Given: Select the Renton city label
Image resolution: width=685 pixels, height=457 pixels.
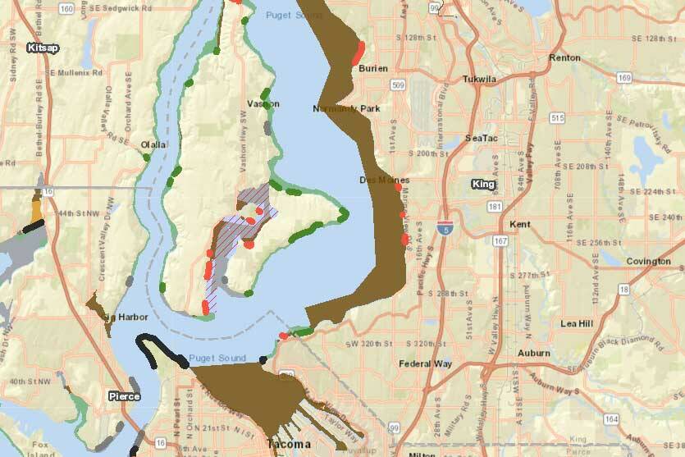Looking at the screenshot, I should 564,58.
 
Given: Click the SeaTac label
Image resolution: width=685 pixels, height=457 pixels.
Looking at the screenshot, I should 480,138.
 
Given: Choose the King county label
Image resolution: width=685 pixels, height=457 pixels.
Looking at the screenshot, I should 484,185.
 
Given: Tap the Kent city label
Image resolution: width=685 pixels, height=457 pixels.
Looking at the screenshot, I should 520,224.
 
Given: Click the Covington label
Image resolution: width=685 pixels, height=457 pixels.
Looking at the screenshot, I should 648,262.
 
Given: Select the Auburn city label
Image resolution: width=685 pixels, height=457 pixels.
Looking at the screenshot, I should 534,353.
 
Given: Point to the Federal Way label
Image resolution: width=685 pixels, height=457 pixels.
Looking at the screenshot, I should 426,363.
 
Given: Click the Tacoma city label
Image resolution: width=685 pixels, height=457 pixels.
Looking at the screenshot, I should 289,444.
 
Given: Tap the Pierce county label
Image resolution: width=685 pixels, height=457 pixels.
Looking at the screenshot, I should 125,396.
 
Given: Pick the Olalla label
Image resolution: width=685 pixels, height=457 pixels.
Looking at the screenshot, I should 153,144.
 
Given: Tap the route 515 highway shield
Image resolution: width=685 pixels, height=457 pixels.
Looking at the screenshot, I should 559,118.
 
